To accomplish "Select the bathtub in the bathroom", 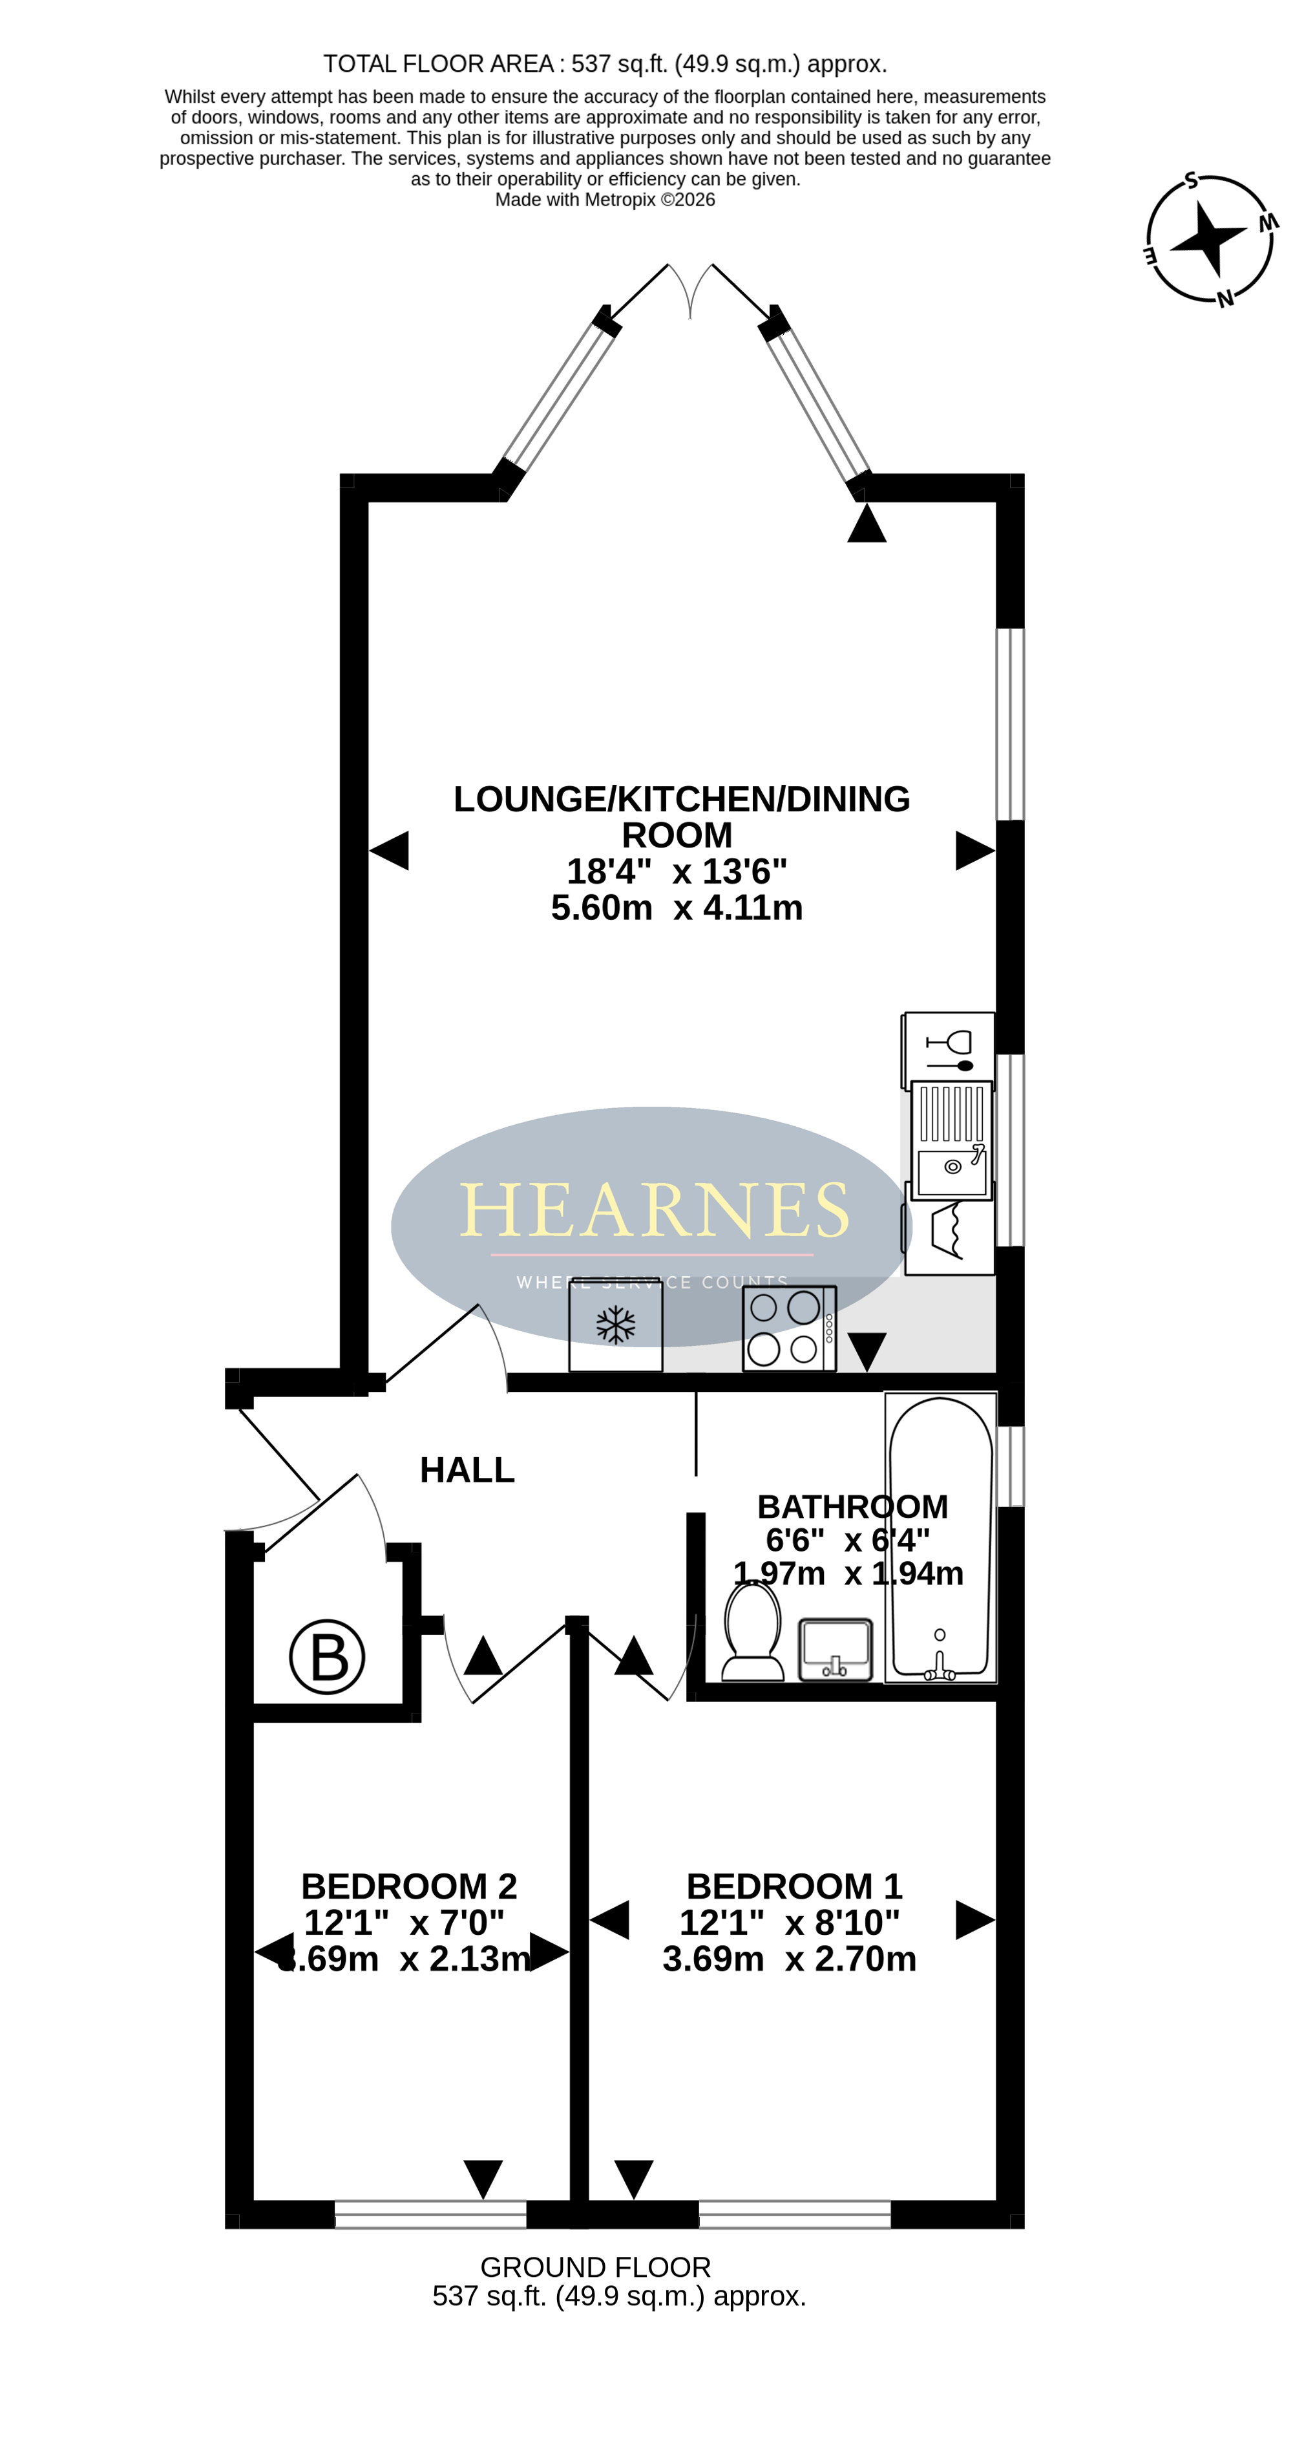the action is click(940, 1537).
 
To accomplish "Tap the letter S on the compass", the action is click(1191, 180).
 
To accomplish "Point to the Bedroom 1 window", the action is click(794, 2214).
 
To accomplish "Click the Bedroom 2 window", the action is click(430, 2214).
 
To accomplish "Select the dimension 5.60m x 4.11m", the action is click(677, 908).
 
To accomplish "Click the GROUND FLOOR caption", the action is click(595, 2267).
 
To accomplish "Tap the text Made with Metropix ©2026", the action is click(605, 200).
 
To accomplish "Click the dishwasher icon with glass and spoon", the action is click(949, 1050).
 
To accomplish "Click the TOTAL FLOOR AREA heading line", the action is click(605, 64).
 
